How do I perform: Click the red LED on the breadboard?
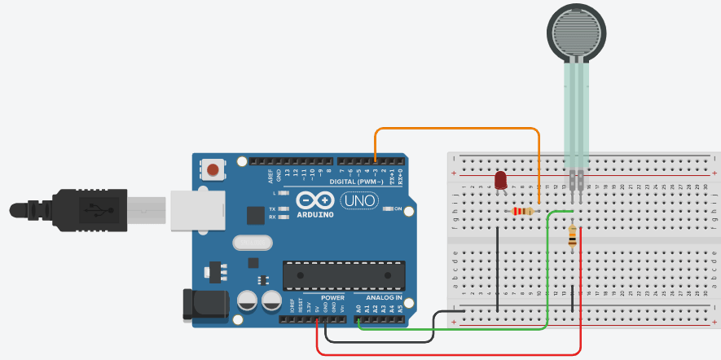(x=500, y=180)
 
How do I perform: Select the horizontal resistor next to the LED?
(x=521, y=212)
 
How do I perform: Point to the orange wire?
(x=456, y=129)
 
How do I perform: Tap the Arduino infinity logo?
(x=316, y=200)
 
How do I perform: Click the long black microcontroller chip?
(x=344, y=275)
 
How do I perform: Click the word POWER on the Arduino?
(x=321, y=297)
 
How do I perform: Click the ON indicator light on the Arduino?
(x=386, y=209)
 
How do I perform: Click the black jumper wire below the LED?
(x=497, y=269)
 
